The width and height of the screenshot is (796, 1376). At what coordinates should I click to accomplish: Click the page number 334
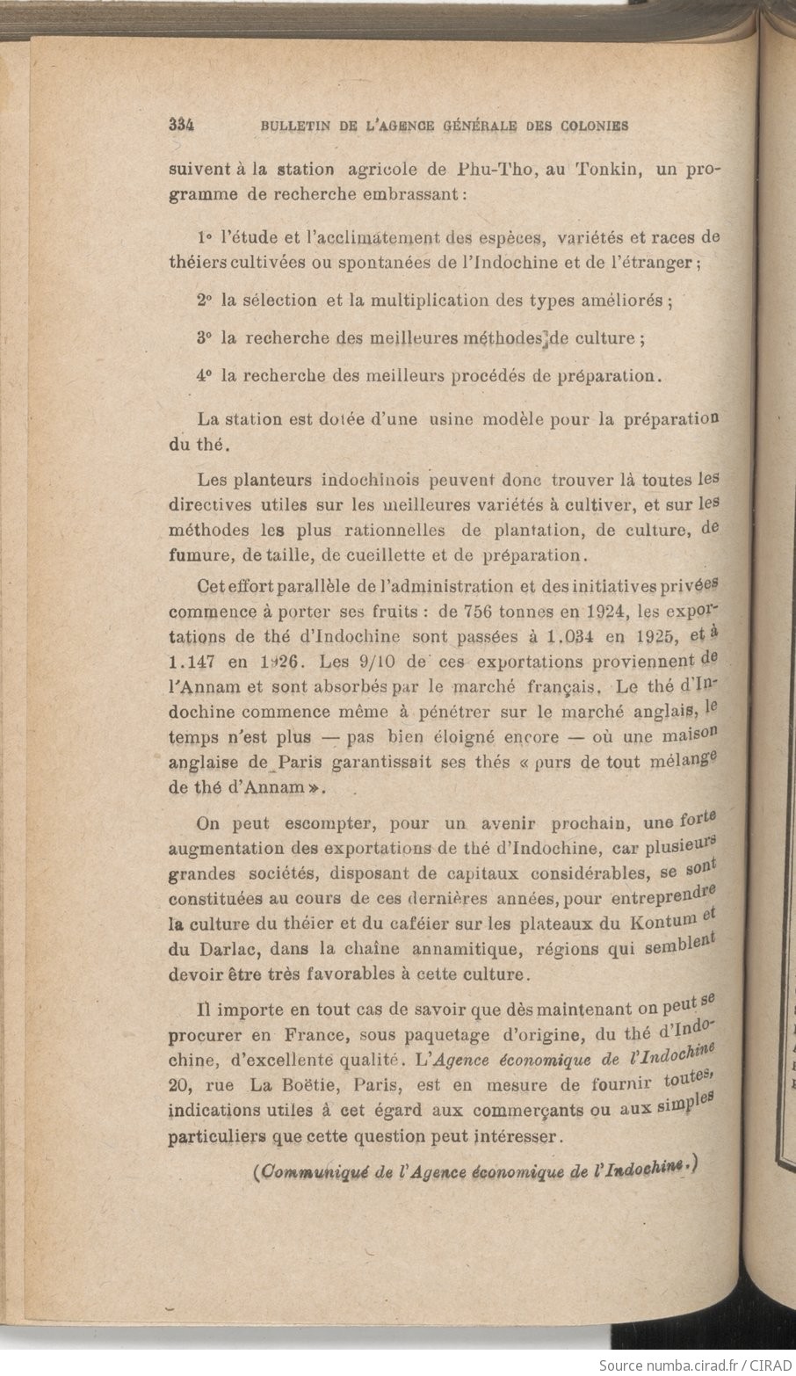coord(180,125)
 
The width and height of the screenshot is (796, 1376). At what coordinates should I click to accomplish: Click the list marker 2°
coord(206,300)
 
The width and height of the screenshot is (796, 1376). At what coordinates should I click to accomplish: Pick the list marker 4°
coord(206,375)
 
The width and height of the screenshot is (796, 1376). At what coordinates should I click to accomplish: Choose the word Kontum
coord(662,923)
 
